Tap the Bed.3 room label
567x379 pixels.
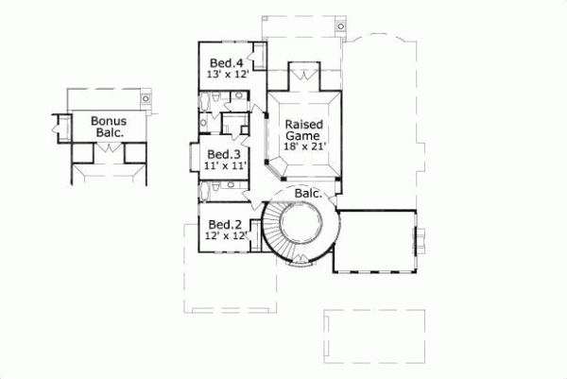[x=223, y=154]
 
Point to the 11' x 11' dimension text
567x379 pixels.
[x=225, y=165]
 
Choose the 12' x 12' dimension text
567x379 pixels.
[x=226, y=235]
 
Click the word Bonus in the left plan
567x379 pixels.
[x=109, y=121]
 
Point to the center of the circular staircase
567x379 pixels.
[x=303, y=228]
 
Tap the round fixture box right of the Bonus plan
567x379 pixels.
[x=146, y=97]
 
